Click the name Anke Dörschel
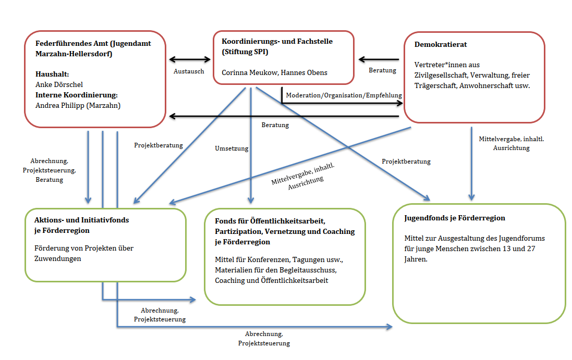59,84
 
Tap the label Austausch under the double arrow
189,71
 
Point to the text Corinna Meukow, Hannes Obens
274,72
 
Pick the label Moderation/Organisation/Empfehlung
344,95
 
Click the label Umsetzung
232,148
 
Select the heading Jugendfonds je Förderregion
455,218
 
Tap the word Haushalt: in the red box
52,74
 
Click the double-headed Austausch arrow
189,59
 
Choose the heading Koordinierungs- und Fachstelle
277,41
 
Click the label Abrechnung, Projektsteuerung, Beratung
50,170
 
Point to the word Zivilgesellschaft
437,76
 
